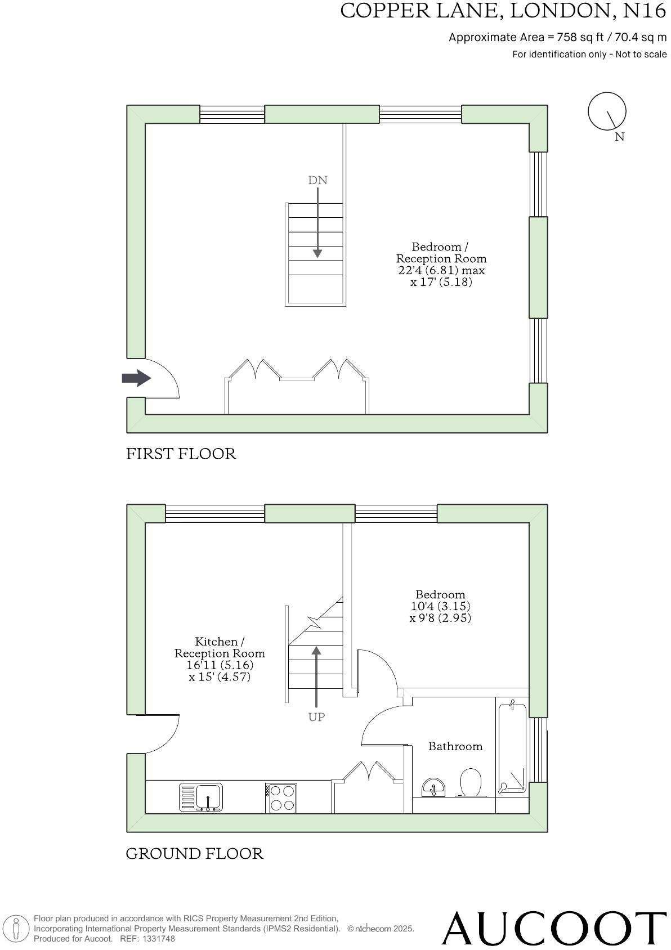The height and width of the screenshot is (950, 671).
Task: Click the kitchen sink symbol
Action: click(x=201, y=797)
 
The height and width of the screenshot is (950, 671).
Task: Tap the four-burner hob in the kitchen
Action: click(x=281, y=798)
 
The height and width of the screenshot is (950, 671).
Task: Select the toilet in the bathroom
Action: click(x=471, y=782)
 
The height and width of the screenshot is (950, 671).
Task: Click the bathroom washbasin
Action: click(x=433, y=787)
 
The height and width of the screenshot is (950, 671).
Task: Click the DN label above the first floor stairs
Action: click(x=317, y=180)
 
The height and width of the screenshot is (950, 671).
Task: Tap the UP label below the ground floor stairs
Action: click(x=316, y=717)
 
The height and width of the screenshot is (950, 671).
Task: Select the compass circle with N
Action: click(x=607, y=111)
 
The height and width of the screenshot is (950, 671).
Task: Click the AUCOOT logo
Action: click(x=554, y=928)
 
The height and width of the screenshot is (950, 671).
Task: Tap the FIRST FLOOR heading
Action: click(x=181, y=454)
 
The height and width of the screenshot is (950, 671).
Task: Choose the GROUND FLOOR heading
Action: click(x=194, y=854)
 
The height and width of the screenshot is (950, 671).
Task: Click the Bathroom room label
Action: click(x=455, y=746)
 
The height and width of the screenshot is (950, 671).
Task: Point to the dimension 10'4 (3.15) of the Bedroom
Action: click(x=440, y=606)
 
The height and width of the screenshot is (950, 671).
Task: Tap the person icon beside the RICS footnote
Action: click(x=16, y=929)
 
